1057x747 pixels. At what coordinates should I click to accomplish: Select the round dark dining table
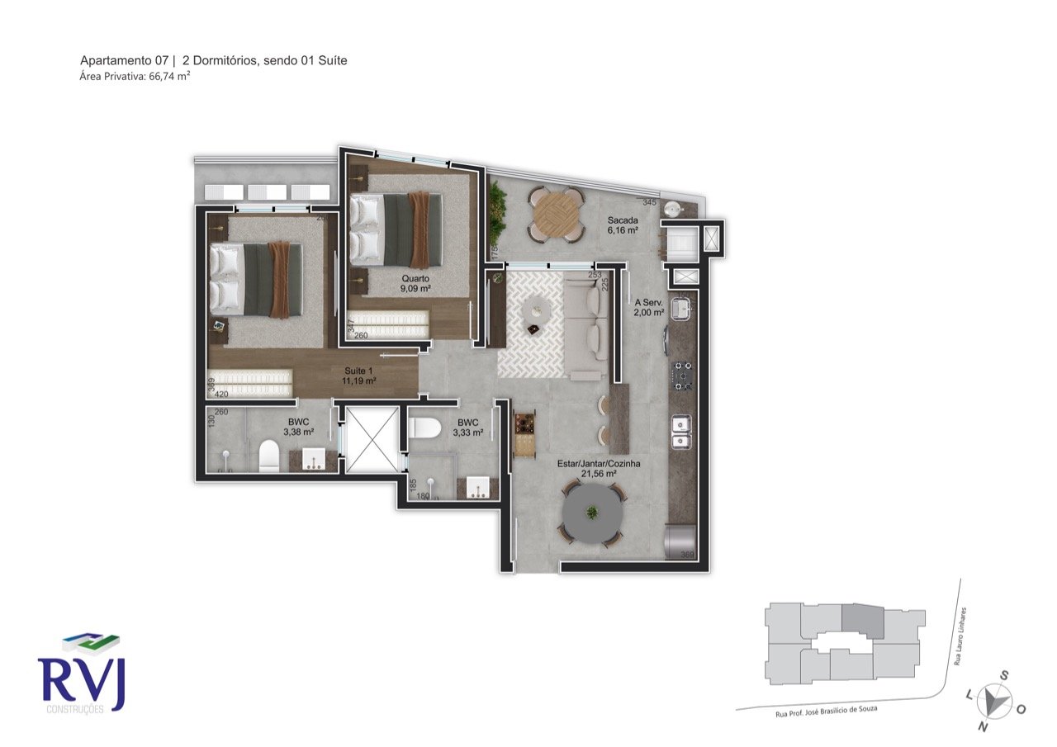tap(592, 513)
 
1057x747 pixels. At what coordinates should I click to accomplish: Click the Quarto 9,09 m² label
tap(415, 284)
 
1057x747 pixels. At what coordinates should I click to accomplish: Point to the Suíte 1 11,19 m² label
tap(359, 376)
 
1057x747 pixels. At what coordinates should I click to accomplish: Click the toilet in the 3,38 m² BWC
tap(268, 456)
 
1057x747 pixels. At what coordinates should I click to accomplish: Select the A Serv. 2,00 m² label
tap(648, 307)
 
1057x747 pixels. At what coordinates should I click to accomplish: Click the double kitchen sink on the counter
tap(681, 432)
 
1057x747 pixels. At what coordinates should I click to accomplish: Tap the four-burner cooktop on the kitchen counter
tap(683, 375)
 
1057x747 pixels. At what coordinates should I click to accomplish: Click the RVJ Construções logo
tap(81, 674)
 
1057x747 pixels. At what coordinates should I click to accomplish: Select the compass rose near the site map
tap(996, 701)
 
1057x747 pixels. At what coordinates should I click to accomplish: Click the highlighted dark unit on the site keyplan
tap(862, 622)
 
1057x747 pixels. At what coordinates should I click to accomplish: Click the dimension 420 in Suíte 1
tap(220, 395)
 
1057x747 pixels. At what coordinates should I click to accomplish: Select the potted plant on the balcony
tap(497, 207)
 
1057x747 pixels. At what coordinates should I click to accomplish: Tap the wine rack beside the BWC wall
tap(524, 433)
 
